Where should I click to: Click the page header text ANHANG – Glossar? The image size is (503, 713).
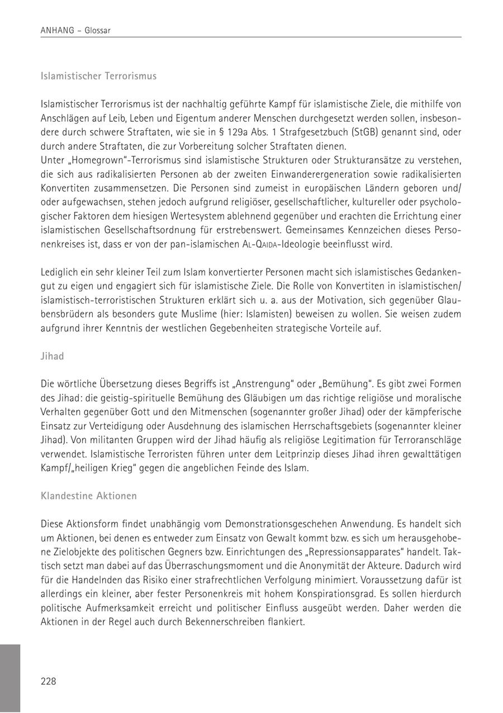(75, 31)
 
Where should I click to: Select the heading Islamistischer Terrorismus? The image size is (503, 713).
(98, 76)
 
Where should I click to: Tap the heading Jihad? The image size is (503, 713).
(53, 356)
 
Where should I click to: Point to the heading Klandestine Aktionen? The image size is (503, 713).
(88, 496)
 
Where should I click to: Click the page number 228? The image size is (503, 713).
(49, 681)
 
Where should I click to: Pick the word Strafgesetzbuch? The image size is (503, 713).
(299, 132)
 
